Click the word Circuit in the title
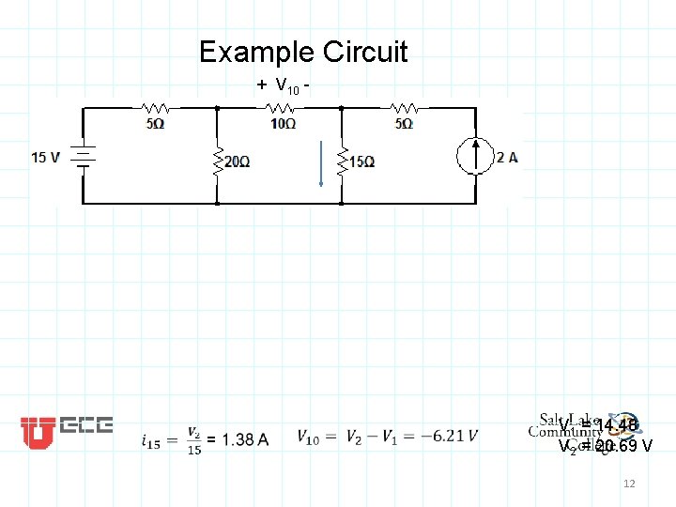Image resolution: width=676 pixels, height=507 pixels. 365,52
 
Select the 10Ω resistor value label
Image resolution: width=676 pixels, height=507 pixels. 284,124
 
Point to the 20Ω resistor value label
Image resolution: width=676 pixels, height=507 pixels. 237,161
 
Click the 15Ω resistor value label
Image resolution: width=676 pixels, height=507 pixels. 362,161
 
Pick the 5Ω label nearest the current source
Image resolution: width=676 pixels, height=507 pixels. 404,124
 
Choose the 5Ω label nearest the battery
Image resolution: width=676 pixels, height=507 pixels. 156,124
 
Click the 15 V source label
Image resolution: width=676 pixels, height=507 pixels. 47,157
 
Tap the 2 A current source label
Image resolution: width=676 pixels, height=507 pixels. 507,157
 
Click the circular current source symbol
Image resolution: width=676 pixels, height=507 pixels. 477,156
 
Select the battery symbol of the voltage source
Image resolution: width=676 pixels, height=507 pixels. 83,156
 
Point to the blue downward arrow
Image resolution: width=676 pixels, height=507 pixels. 321,163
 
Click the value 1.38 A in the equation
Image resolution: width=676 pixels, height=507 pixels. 244,439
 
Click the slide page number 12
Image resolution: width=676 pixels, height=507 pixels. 629,483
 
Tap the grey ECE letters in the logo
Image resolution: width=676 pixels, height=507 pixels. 86,426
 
